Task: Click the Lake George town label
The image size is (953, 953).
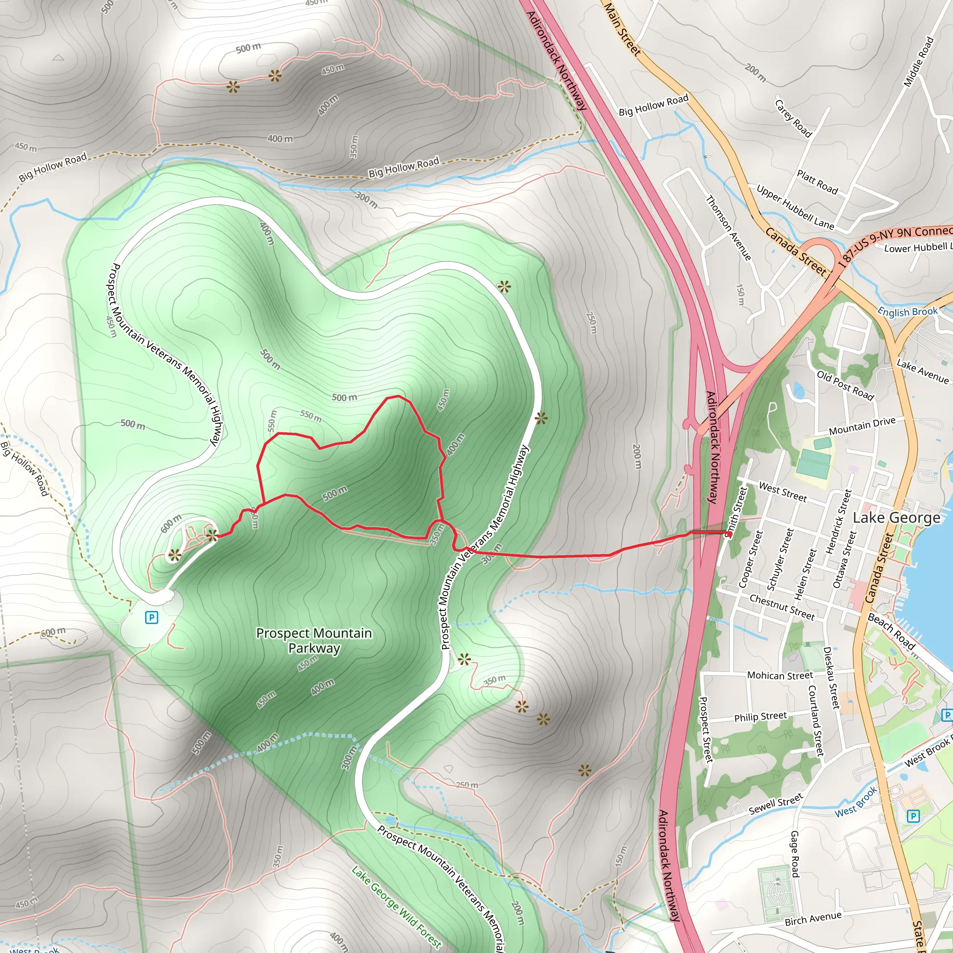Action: click(x=896, y=518)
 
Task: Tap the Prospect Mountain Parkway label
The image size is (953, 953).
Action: click(x=314, y=640)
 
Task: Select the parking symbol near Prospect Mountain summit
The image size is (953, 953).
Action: click(x=151, y=617)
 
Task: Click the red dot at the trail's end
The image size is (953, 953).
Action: click(x=729, y=534)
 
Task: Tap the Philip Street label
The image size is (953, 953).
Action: click(x=760, y=717)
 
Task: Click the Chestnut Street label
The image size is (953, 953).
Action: click(x=782, y=607)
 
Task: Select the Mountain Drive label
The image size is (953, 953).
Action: click(x=862, y=426)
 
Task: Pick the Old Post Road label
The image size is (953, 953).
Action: click(x=845, y=385)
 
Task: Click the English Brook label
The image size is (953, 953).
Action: click(x=907, y=312)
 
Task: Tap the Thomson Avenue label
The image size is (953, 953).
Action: click(x=728, y=228)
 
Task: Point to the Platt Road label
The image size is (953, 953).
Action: click(x=817, y=182)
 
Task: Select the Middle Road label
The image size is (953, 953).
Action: click(x=919, y=62)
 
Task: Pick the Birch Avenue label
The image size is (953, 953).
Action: click(x=813, y=918)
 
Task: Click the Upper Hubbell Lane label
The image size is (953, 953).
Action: click(x=795, y=207)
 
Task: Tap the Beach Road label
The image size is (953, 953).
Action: click(x=891, y=631)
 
